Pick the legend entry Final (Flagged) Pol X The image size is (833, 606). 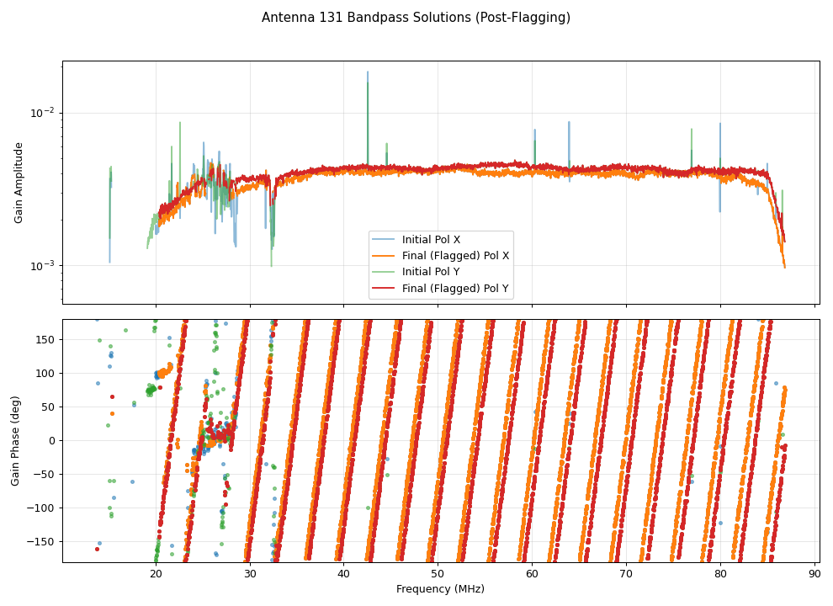(x=455, y=256)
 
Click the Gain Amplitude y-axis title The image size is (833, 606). (x=19, y=183)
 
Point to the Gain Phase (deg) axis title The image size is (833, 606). (x=15, y=441)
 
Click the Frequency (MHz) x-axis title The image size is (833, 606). (x=440, y=589)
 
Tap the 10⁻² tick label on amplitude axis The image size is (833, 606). (x=44, y=113)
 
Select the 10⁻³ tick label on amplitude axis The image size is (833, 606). (x=44, y=265)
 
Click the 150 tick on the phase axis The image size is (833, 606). (x=46, y=339)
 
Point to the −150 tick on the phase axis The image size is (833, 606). (x=42, y=541)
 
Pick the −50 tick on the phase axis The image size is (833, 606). (x=45, y=474)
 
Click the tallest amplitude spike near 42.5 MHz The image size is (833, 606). (x=367, y=74)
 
